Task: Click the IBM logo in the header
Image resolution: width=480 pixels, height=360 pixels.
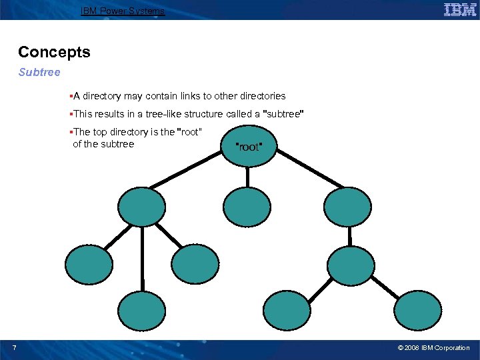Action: (460, 9)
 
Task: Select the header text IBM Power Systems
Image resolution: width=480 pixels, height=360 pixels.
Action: (122, 11)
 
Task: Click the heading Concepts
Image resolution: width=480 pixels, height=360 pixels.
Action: (54, 52)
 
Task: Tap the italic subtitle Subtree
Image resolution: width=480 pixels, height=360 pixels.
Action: (39, 72)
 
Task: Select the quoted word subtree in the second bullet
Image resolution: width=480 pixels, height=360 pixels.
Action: (284, 113)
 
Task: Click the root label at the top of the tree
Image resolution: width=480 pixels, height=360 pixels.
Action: (249, 147)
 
